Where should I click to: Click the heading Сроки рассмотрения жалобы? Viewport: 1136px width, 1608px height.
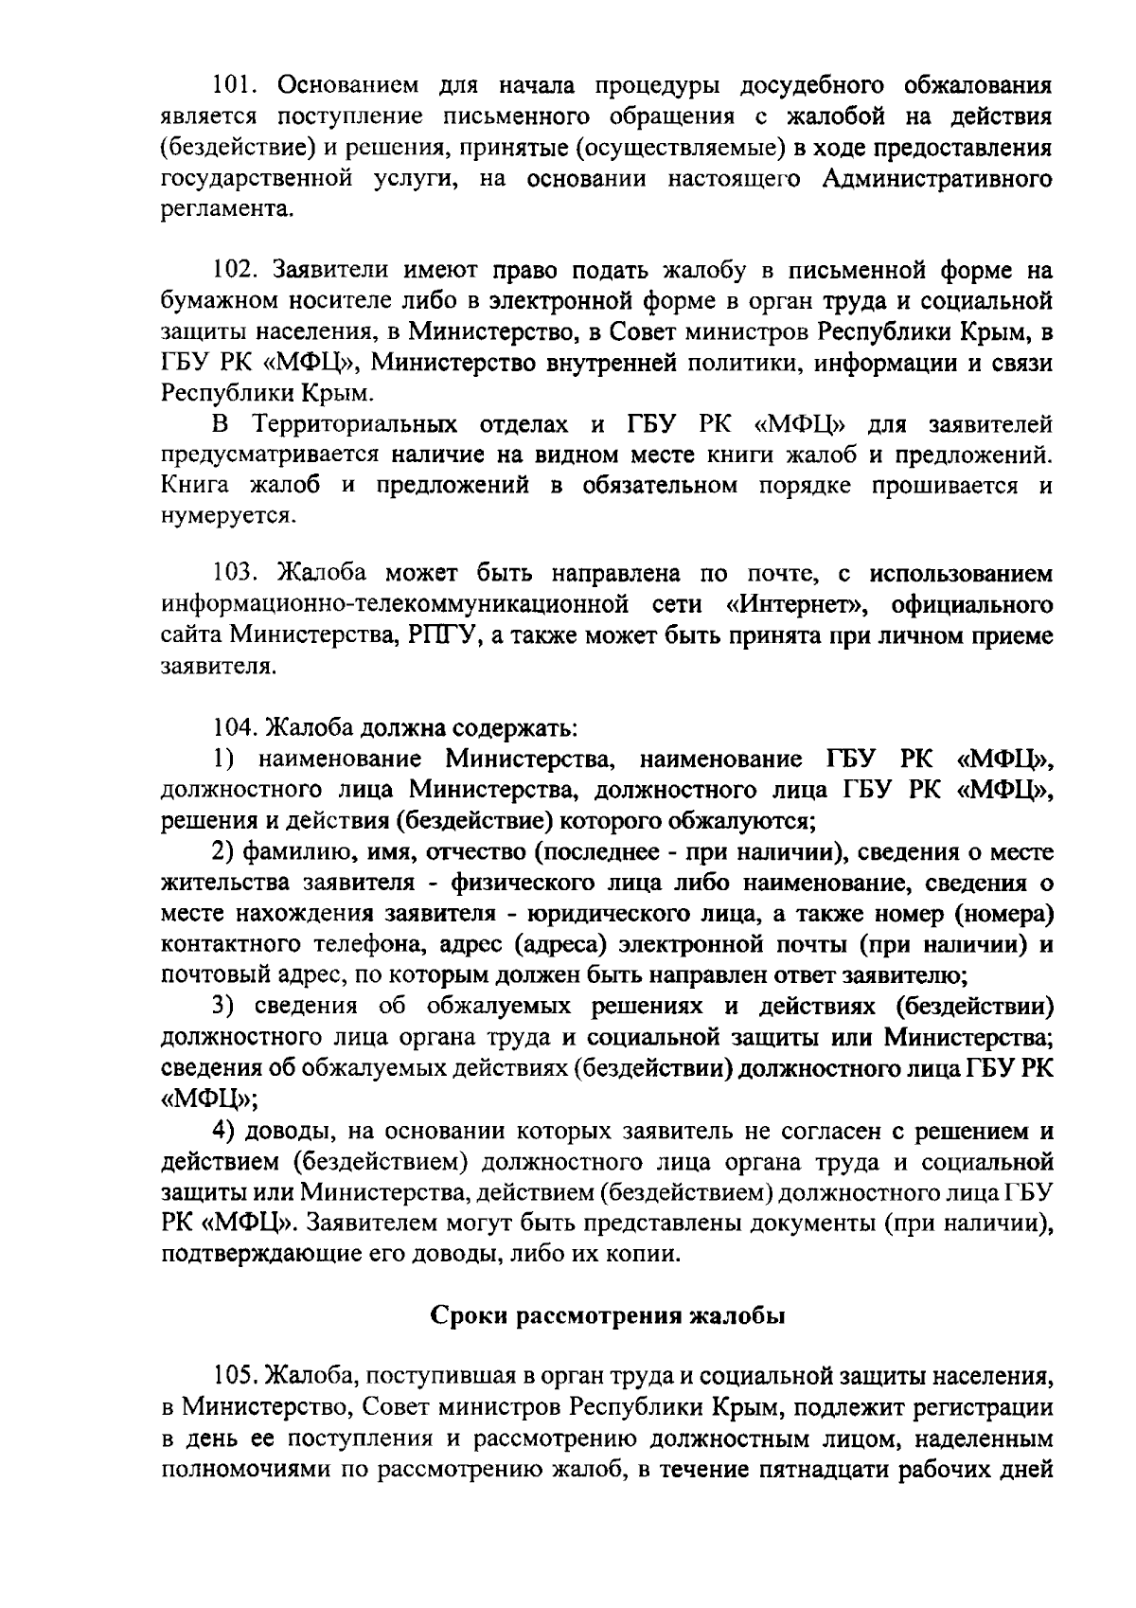[608, 1316]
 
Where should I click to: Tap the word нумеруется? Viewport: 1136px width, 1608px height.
[227, 517]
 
